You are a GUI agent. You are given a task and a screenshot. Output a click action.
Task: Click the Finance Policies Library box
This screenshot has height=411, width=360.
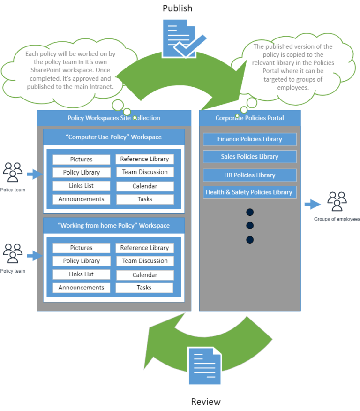tap(249, 139)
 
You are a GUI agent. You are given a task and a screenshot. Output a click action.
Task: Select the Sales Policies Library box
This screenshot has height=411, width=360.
tap(249, 157)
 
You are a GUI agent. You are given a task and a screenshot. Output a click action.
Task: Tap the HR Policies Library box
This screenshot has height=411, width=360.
tap(249, 175)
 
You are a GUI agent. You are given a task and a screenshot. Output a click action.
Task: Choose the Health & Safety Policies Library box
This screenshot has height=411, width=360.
tap(249, 192)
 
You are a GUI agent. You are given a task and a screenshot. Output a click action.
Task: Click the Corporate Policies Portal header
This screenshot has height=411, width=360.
tap(249, 118)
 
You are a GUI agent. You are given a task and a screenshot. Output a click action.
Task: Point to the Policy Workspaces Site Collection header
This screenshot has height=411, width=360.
tap(114, 118)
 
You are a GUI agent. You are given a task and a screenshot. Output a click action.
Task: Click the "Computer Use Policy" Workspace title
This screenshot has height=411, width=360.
tap(114, 137)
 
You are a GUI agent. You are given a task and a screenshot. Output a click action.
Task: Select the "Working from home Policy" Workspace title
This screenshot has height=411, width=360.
tap(114, 225)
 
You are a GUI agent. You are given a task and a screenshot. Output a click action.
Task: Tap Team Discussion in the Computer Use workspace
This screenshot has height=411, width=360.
tap(145, 172)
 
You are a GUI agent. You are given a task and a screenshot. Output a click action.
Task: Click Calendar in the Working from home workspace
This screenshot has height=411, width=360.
tap(145, 275)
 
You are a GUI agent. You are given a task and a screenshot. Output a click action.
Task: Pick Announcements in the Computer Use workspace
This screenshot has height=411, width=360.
tap(81, 199)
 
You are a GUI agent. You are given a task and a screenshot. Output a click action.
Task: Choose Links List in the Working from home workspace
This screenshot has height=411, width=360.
tap(81, 274)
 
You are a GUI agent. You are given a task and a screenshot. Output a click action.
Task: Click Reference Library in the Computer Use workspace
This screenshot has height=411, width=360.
tap(145, 159)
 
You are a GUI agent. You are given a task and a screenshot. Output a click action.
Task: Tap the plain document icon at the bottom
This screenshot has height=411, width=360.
tap(204, 366)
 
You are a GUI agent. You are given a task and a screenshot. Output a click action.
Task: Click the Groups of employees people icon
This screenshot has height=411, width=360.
tap(337, 201)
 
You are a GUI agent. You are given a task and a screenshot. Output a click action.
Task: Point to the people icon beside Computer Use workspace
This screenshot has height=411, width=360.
tap(12, 172)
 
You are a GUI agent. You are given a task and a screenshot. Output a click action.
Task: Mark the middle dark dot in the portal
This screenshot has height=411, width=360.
tap(249, 226)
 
